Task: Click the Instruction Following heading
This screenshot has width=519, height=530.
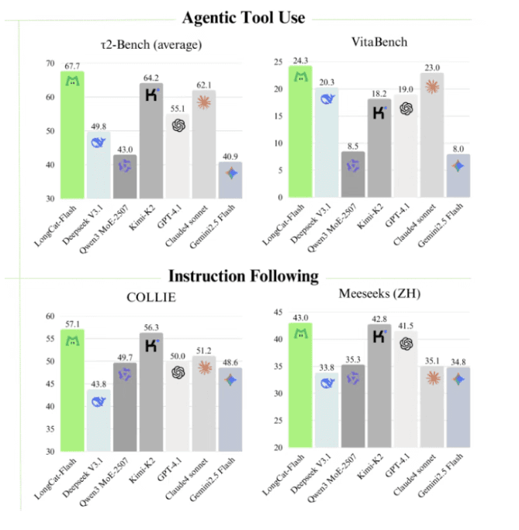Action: pos(244,275)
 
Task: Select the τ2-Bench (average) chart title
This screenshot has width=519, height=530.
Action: pos(151,44)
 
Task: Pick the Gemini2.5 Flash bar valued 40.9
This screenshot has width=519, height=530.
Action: pos(230,180)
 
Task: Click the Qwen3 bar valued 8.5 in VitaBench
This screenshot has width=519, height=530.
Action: pos(353,175)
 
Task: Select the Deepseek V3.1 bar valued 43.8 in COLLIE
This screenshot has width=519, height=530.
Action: pos(99,420)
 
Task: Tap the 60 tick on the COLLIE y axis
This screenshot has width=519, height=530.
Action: pos(50,317)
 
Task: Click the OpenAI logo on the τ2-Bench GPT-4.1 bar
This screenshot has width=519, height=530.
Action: pos(178,125)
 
